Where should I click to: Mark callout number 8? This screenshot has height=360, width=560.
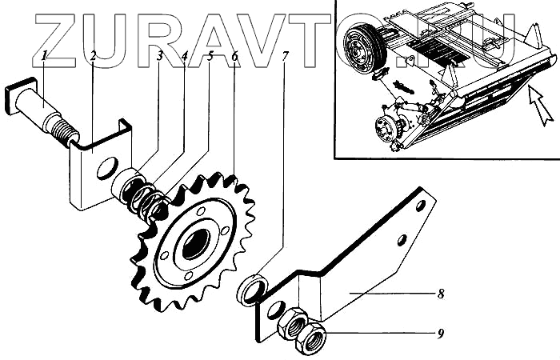(441, 293)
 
